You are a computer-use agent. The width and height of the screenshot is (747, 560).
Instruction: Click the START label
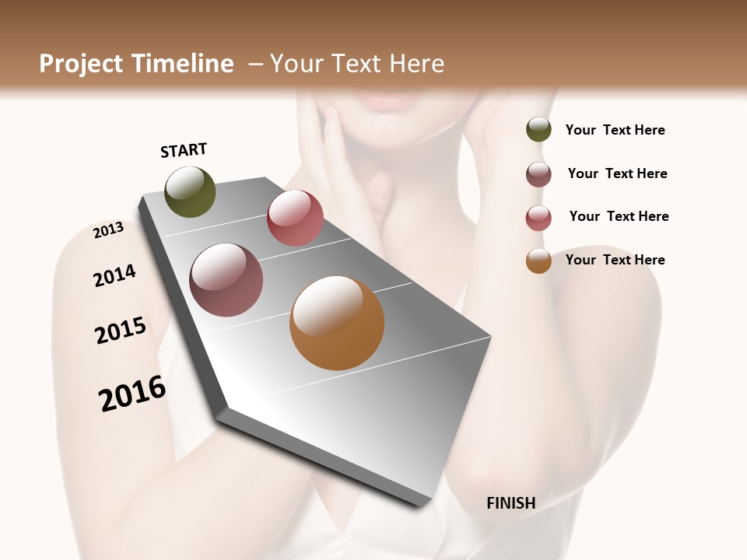click(184, 150)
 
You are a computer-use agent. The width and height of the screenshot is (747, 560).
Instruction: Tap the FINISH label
click(510, 503)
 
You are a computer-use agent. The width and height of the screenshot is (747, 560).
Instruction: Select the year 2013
click(108, 230)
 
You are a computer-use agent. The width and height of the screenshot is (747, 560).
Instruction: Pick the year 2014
click(114, 276)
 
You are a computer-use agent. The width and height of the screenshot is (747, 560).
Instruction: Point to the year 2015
click(121, 331)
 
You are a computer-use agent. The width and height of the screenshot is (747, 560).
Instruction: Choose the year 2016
click(132, 394)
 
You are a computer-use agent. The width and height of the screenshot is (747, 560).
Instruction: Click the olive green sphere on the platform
click(190, 191)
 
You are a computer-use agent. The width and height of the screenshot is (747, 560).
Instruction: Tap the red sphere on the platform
click(295, 218)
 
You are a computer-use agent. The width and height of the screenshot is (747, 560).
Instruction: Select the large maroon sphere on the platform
click(226, 280)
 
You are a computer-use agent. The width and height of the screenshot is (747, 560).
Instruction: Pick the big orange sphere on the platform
click(337, 323)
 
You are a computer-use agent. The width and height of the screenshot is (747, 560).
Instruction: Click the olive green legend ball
click(538, 129)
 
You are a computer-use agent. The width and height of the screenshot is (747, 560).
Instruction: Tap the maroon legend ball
click(538, 174)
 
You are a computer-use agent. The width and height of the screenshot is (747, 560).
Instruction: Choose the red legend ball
click(538, 218)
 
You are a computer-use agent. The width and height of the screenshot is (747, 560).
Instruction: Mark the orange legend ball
click(538, 261)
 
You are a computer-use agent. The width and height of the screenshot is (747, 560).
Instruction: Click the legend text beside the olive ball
click(615, 130)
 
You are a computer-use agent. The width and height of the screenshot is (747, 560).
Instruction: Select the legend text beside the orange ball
click(615, 260)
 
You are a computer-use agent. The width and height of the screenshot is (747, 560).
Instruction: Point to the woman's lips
click(384, 99)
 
